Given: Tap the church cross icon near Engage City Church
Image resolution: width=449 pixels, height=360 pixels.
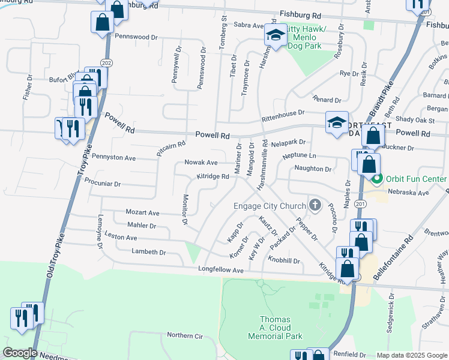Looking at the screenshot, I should tap(315, 206).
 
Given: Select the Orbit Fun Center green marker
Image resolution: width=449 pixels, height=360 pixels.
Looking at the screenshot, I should tap(378, 179).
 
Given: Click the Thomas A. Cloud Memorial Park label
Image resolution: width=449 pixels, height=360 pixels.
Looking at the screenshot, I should tap(275, 328).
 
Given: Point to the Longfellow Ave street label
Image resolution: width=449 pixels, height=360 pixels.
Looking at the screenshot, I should tap(221, 271).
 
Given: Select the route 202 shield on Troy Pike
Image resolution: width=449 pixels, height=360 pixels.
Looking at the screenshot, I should tap(106, 62).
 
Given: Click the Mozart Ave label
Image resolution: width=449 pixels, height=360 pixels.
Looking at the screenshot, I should tap(142, 212).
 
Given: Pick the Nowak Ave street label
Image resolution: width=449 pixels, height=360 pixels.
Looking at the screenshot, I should tap(200, 163).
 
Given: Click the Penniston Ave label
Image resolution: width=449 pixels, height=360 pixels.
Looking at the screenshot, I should tap(113, 158).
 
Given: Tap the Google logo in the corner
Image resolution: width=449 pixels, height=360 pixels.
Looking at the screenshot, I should tap(20, 353).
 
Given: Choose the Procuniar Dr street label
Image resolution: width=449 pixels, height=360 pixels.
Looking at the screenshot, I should tap(103, 183).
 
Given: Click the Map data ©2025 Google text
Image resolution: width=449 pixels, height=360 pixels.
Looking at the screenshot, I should tap(412, 355).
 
